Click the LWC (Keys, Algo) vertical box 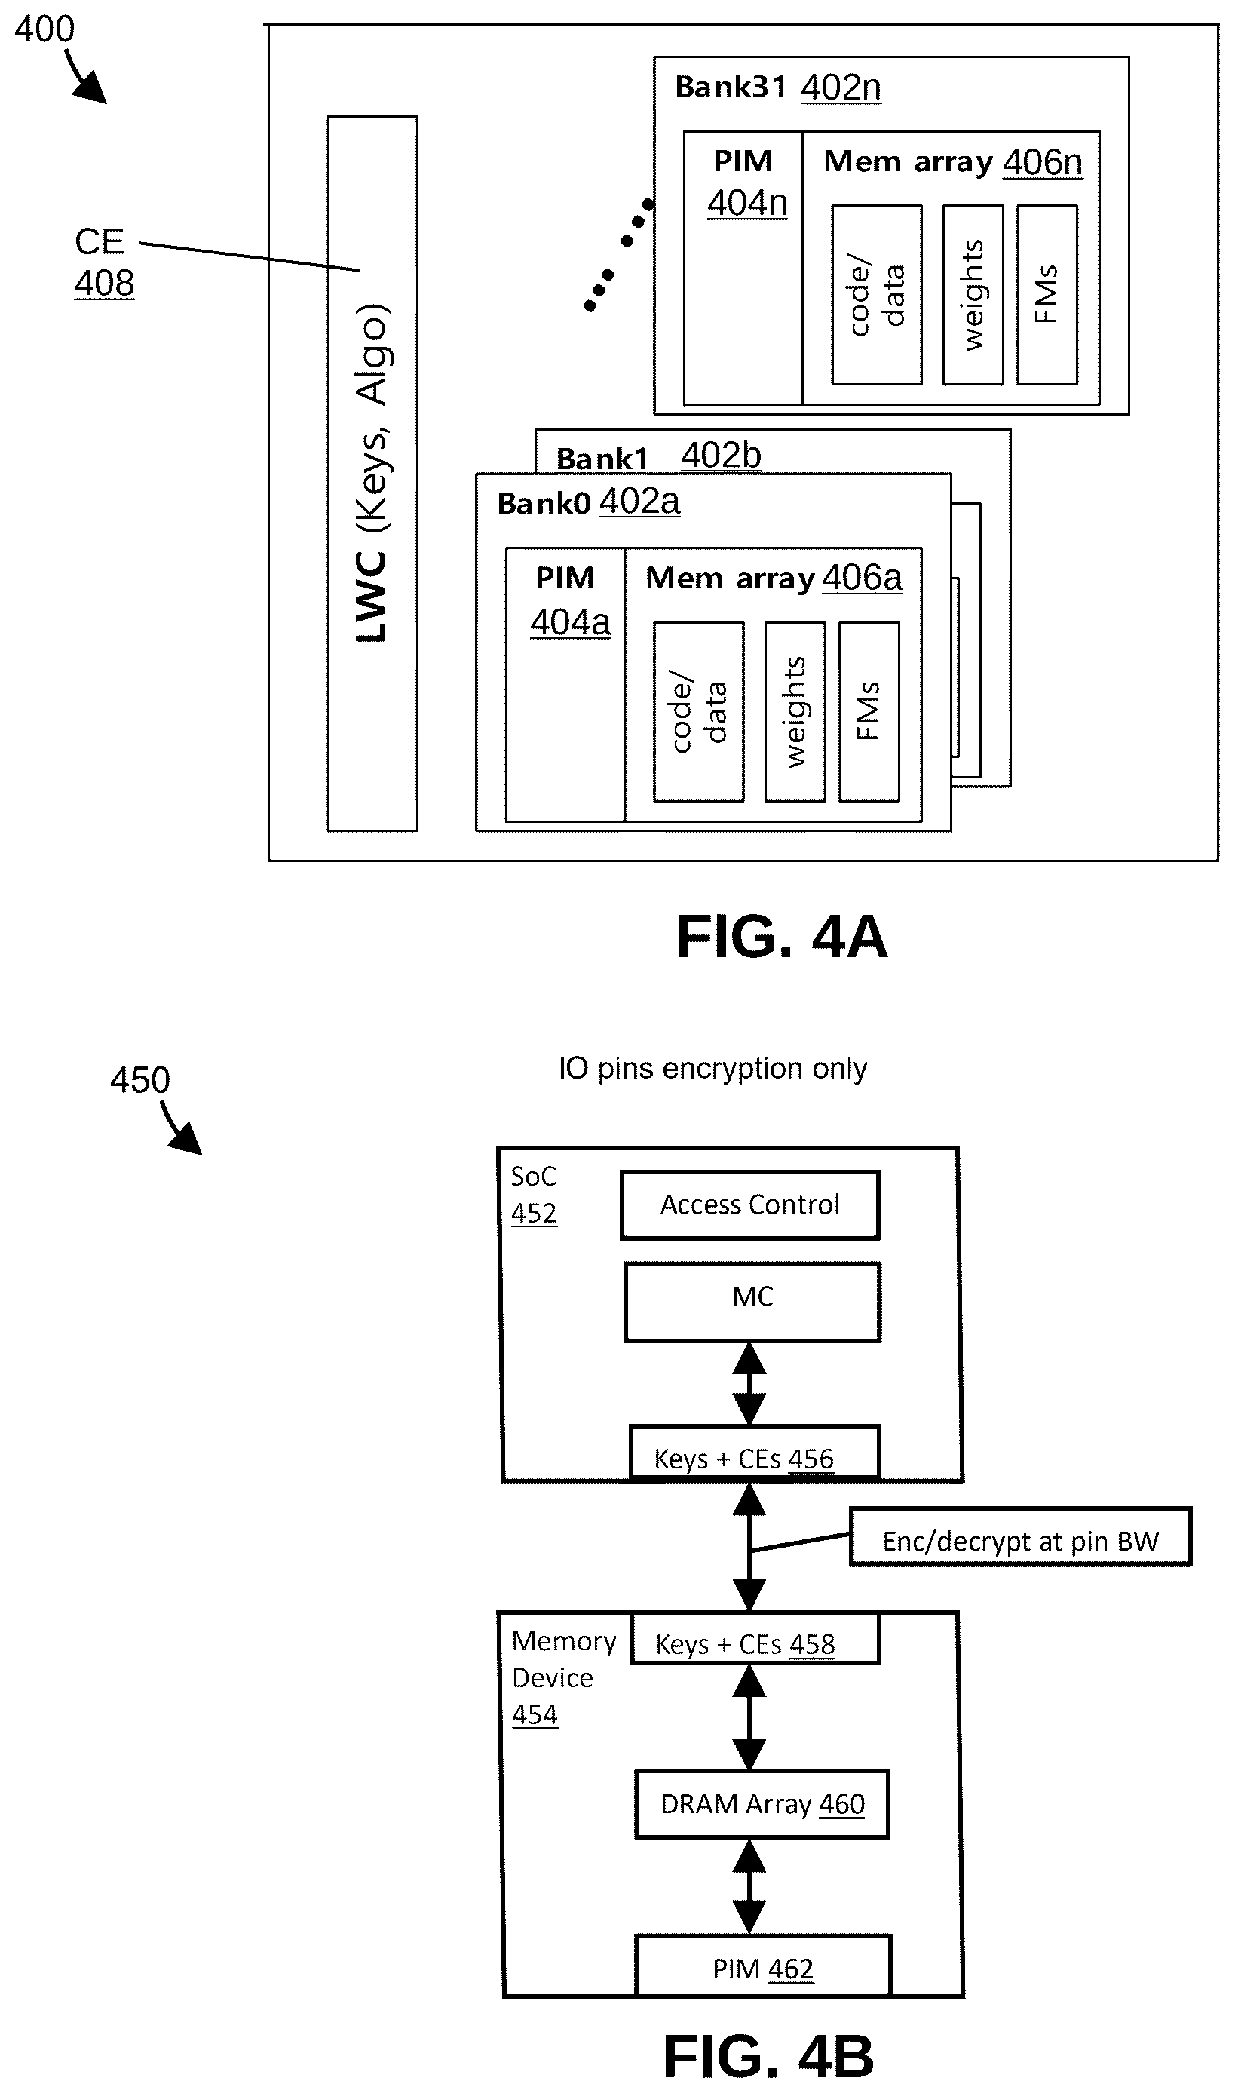pyautogui.click(x=372, y=473)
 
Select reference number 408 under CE pyautogui.click(x=104, y=283)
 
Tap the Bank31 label pyautogui.click(x=730, y=87)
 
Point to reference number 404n pyautogui.click(x=747, y=203)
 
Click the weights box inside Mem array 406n pyautogui.click(x=973, y=295)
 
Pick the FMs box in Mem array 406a pyautogui.click(x=869, y=712)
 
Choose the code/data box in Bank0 pyautogui.click(x=698, y=712)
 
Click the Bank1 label pyautogui.click(x=602, y=459)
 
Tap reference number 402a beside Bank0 pyautogui.click(x=640, y=501)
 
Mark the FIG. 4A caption pyautogui.click(x=783, y=937)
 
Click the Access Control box pyautogui.click(x=749, y=1205)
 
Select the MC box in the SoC pyautogui.click(x=752, y=1301)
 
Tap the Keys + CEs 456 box pyautogui.click(x=754, y=1452)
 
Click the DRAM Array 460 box pyautogui.click(x=762, y=1803)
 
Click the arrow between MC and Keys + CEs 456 pyautogui.click(x=749, y=1384)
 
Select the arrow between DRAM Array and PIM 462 pyautogui.click(x=749, y=1886)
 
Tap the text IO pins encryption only pyautogui.click(x=712, y=1068)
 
